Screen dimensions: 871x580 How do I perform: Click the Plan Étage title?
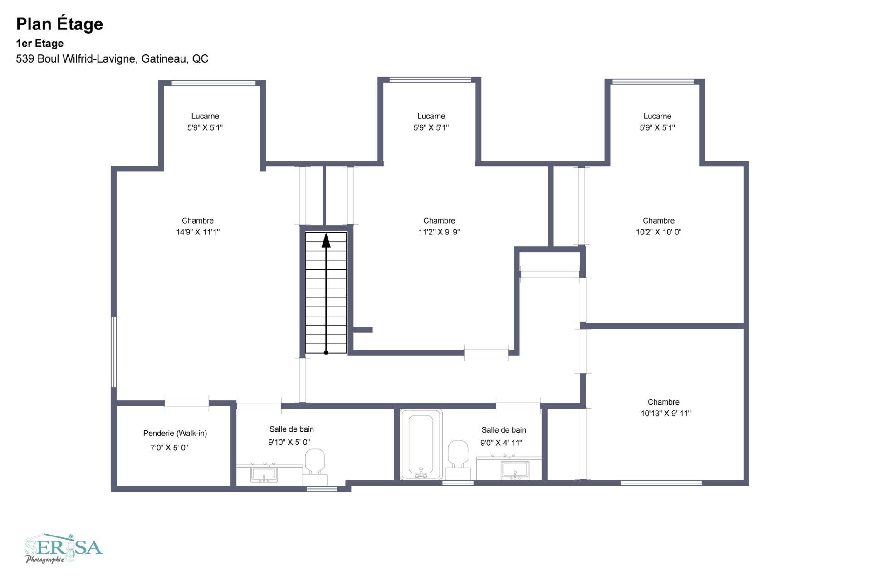[59, 24]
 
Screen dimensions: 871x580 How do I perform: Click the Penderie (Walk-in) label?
[175, 433]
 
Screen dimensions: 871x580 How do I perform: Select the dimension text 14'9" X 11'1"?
[198, 232]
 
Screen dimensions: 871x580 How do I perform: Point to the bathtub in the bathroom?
[421, 444]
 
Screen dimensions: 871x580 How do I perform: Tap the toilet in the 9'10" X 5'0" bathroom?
[315, 467]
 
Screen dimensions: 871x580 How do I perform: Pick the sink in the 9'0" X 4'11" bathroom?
[515, 470]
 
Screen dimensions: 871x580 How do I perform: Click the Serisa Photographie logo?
[64, 549]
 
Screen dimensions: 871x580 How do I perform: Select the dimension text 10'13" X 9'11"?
[665, 414]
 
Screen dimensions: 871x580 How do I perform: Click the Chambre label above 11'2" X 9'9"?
[439, 221]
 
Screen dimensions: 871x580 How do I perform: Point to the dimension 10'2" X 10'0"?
[659, 232]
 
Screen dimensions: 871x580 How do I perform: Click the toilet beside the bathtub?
[458, 460]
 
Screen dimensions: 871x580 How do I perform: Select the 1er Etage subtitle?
[40, 44]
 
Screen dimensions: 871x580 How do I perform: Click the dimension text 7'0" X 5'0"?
[169, 448]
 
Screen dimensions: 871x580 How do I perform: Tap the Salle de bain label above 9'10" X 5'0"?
[292, 429]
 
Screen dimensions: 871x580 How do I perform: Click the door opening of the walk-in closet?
[186, 403]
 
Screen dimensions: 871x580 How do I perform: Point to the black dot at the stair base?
[326, 352]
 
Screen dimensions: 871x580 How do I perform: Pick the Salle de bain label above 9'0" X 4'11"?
[504, 430]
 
